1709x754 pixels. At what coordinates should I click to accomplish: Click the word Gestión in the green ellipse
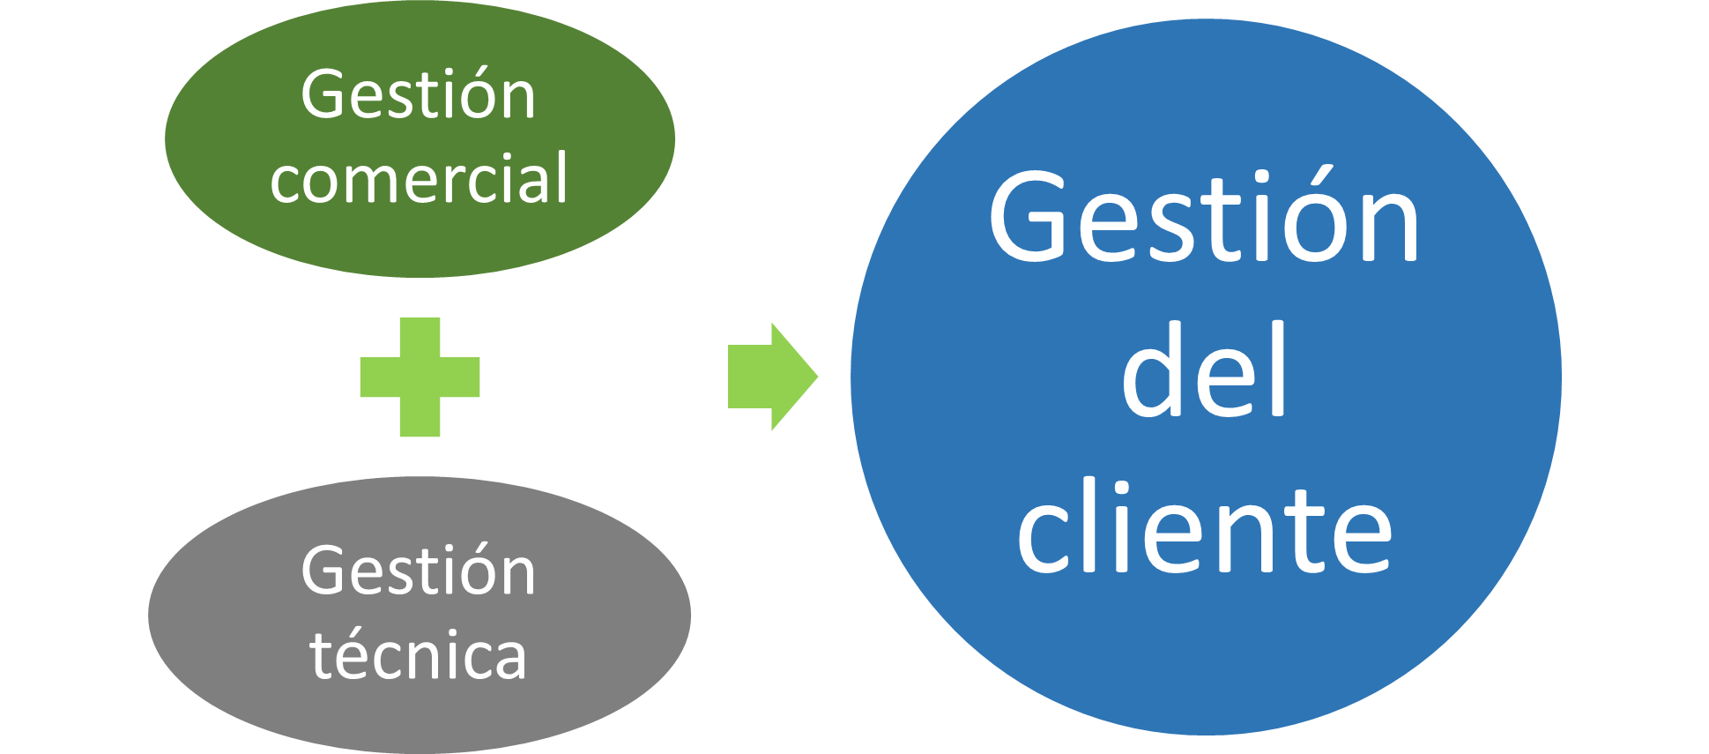click(418, 95)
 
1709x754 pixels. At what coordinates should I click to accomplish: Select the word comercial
click(419, 179)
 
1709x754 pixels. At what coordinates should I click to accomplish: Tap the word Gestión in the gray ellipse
click(418, 571)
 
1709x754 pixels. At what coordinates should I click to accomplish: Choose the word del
click(1204, 370)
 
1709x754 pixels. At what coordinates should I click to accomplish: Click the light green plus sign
click(420, 377)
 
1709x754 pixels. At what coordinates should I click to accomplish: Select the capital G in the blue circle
click(1031, 219)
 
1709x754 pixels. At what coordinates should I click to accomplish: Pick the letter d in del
click(1155, 370)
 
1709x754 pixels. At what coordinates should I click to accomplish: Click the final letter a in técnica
click(509, 659)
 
